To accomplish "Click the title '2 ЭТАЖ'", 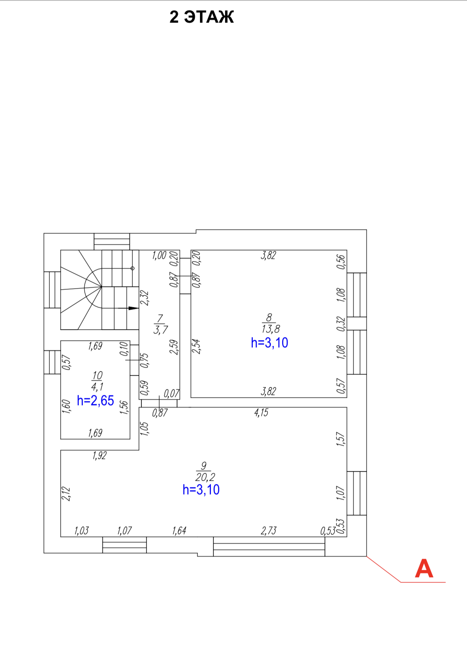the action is click(x=201, y=17).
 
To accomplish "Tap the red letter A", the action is click(x=424, y=568).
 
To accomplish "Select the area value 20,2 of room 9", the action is click(x=205, y=477).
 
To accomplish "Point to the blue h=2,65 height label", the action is click(x=95, y=401).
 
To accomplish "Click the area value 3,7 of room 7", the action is click(x=160, y=330).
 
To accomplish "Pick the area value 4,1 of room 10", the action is click(x=97, y=387).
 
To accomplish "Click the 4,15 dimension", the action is click(x=261, y=412).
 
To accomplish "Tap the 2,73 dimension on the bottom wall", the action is click(x=268, y=531).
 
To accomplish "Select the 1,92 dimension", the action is click(x=99, y=455).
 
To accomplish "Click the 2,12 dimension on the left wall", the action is click(x=67, y=494).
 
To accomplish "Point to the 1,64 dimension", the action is click(x=179, y=531).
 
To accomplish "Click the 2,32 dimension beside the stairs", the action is click(x=145, y=298).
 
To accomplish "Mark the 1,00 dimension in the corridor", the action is click(x=159, y=255).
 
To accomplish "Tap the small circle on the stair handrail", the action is click(x=132, y=268).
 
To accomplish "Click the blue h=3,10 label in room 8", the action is click(x=270, y=343).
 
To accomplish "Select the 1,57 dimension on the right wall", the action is click(x=340, y=439).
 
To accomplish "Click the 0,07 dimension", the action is click(x=172, y=393).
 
